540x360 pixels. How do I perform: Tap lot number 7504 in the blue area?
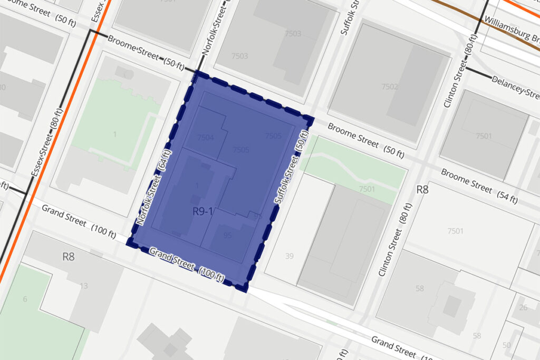point(205,138)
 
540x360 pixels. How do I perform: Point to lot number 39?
point(288,256)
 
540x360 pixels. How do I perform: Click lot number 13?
point(84,286)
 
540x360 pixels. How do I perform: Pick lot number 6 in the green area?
point(24,299)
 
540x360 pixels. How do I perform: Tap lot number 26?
point(523,307)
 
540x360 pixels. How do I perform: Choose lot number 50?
point(507,345)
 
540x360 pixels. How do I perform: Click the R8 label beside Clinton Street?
point(422,189)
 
